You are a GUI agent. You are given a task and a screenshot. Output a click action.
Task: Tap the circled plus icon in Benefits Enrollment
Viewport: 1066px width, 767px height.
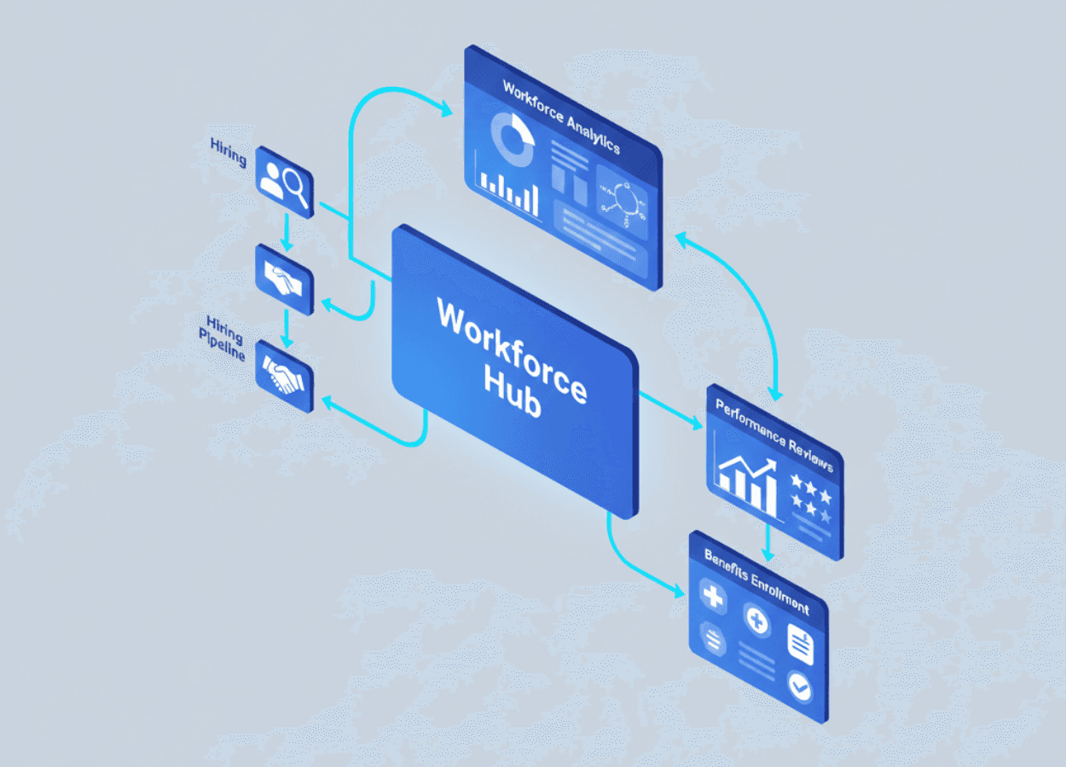pos(756,620)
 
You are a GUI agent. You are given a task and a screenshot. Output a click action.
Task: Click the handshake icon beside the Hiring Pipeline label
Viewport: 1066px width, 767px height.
pos(284,375)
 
